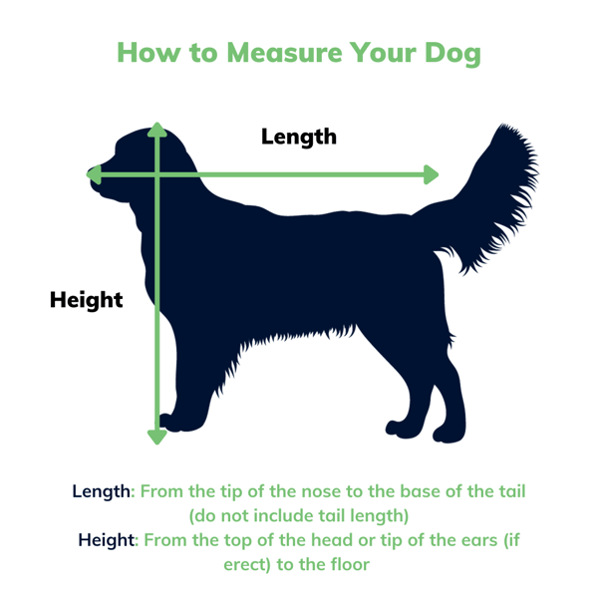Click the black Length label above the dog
coord(299,137)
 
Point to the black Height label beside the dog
coord(87,299)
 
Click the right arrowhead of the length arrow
coord(431,174)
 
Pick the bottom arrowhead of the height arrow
coord(156,436)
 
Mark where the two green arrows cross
coord(156,175)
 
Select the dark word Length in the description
coord(102,491)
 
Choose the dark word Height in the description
coord(109,540)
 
